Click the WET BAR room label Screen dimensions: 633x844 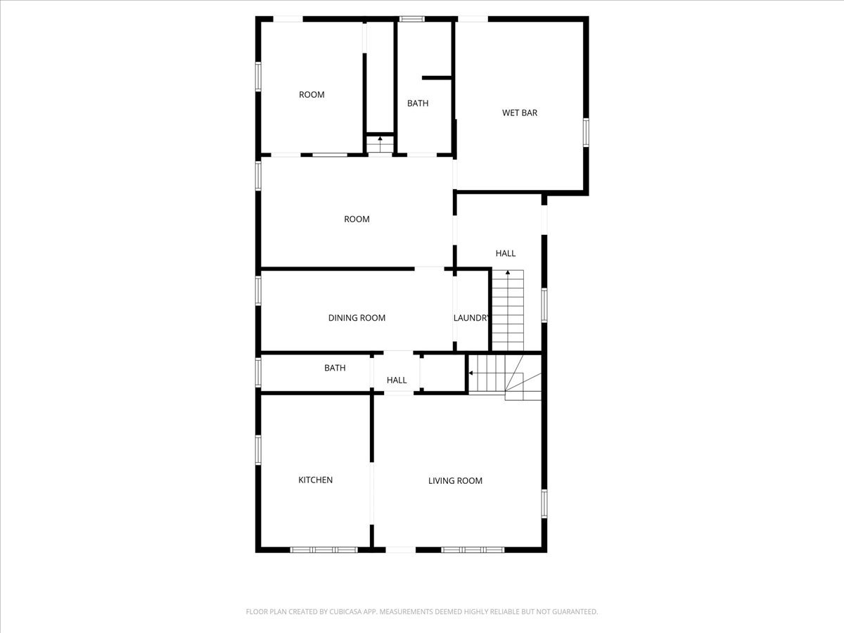[520, 113]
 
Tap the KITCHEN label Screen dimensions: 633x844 [316, 480]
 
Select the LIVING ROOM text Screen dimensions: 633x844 [455, 481]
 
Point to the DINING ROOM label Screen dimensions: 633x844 [357, 318]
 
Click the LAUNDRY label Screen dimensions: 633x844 [471, 318]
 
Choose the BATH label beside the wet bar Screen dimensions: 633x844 [418, 103]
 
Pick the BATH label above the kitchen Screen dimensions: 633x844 [335, 368]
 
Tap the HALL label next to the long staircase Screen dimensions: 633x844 [506, 253]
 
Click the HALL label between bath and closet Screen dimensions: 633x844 [397, 381]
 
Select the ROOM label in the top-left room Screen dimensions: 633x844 [312, 95]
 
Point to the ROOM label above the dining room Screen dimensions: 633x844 [357, 219]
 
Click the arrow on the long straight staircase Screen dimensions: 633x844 [508, 272]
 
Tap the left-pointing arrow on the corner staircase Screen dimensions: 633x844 [471, 373]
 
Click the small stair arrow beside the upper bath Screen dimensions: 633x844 [380, 139]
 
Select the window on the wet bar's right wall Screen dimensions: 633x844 [586, 133]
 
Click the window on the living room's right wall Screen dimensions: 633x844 [544, 504]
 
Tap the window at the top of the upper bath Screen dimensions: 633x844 [411, 19]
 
